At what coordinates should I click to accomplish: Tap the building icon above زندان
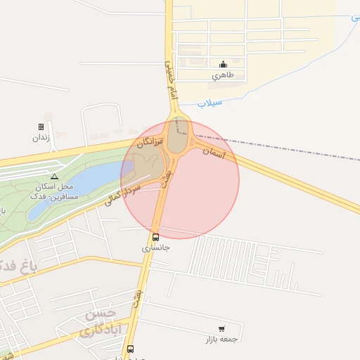tap(41, 127)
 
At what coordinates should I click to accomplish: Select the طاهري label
tap(223, 75)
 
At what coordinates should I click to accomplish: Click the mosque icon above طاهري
tap(223, 65)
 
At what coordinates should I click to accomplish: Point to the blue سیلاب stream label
tap(210, 103)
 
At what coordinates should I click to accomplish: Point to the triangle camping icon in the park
tap(54, 176)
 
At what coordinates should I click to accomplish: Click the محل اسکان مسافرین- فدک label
tap(53, 190)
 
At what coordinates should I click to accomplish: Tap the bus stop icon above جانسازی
tap(155, 237)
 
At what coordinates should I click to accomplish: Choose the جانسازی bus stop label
tap(156, 247)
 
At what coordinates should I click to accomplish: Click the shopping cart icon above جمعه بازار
tap(221, 328)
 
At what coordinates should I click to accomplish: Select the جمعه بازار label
tap(221, 338)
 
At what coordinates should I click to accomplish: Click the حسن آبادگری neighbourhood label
tap(102, 321)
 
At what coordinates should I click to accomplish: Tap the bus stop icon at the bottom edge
tap(130, 349)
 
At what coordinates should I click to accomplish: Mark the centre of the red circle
tap(180, 180)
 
